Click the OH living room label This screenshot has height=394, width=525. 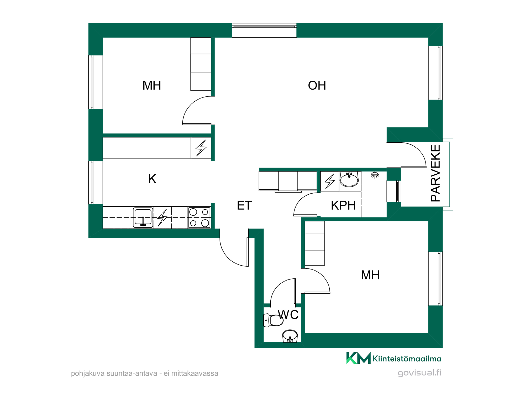[x=317, y=85]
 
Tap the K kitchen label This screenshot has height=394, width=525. [x=152, y=179]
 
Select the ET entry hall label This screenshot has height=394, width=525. [x=244, y=205]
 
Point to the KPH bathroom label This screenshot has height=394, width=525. [x=343, y=205]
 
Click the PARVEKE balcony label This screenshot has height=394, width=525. [x=435, y=173]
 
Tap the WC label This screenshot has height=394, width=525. [x=288, y=315]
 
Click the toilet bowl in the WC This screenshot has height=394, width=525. [x=273, y=320]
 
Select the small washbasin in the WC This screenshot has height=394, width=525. [x=290, y=336]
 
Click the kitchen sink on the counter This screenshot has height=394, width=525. [x=143, y=217]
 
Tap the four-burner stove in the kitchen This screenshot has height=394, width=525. [x=199, y=217]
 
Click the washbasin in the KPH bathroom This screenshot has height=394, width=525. [x=349, y=179]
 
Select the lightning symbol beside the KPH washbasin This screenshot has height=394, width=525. [x=330, y=181]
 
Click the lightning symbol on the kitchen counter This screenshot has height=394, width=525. [x=162, y=217]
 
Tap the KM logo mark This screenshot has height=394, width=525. [x=358, y=358]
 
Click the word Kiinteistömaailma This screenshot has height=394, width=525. [x=407, y=359]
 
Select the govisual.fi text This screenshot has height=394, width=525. [x=419, y=373]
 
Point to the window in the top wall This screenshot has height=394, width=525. [x=264, y=30]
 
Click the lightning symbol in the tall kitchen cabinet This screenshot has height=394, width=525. [x=201, y=148]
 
